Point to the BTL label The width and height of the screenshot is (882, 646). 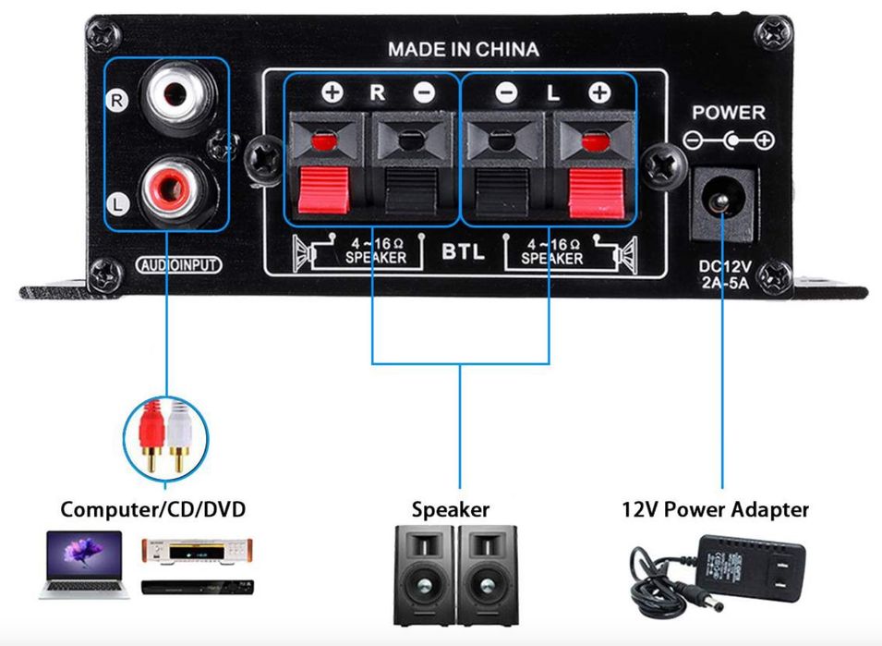pos(463,251)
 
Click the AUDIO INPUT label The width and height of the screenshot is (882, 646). pos(179,265)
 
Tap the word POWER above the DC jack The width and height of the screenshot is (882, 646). pos(729,113)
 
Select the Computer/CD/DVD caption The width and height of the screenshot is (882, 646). pos(153,509)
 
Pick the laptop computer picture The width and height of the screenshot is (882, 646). pos(81,566)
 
